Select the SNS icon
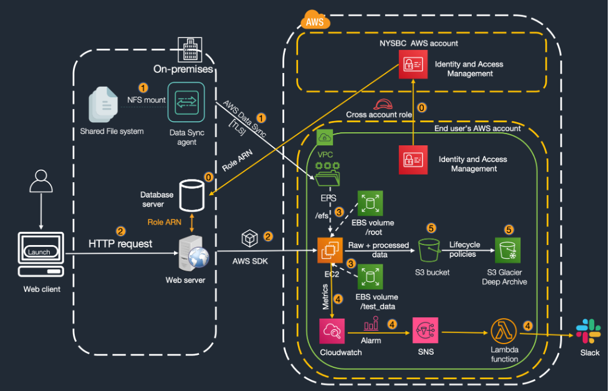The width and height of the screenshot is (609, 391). [x=425, y=331]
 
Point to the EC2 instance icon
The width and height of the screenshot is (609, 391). [x=331, y=251]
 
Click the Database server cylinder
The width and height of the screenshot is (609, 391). [x=191, y=195]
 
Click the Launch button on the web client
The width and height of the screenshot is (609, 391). [x=41, y=252]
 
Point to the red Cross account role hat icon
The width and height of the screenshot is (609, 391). [x=381, y=104]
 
